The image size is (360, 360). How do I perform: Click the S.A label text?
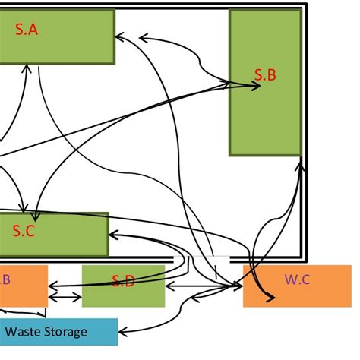click(26, 30)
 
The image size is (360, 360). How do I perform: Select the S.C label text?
click(24, 232)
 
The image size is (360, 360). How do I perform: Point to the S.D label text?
click(123, 282)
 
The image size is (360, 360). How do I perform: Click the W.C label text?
click(296, 279)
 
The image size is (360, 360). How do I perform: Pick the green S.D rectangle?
click(123, 292)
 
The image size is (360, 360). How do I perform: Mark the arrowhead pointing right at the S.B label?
click(257, 86)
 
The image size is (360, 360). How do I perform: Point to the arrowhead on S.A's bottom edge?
click(27, 68)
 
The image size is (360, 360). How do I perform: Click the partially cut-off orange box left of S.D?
click(23, 285)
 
